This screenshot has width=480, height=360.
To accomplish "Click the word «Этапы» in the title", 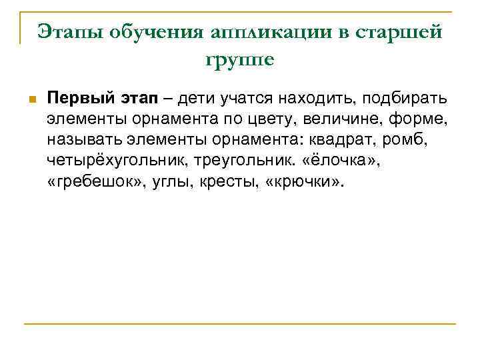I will point(67,31).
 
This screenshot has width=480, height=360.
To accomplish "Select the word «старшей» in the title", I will point(403,31).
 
